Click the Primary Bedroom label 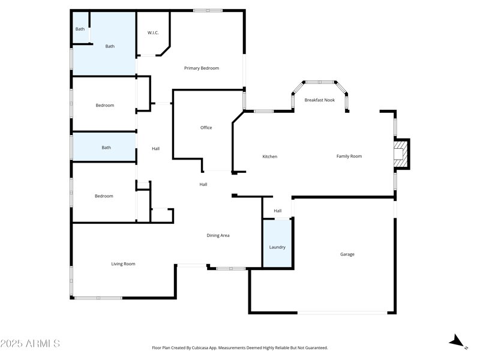[x=201, y=68]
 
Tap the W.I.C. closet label [x=153, y=33]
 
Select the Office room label [x=206, y=128]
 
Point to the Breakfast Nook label [x=319, y=100]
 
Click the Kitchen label [x=270, y=157]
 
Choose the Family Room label [x=349, y=157]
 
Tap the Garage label [x=347, y=254]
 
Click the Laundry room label [x=277, y=247]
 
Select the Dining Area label [x=218, y=236]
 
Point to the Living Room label [x=123, y=264]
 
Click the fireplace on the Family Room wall [x=399, y=153]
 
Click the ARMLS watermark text [x=30, y=344]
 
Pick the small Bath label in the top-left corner [x=80, y=29]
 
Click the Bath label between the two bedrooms [x=106, y=148]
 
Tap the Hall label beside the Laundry [x=278, y=211]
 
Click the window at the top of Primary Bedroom [x=208, y=10]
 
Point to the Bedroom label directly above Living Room [x=104, y=196]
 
